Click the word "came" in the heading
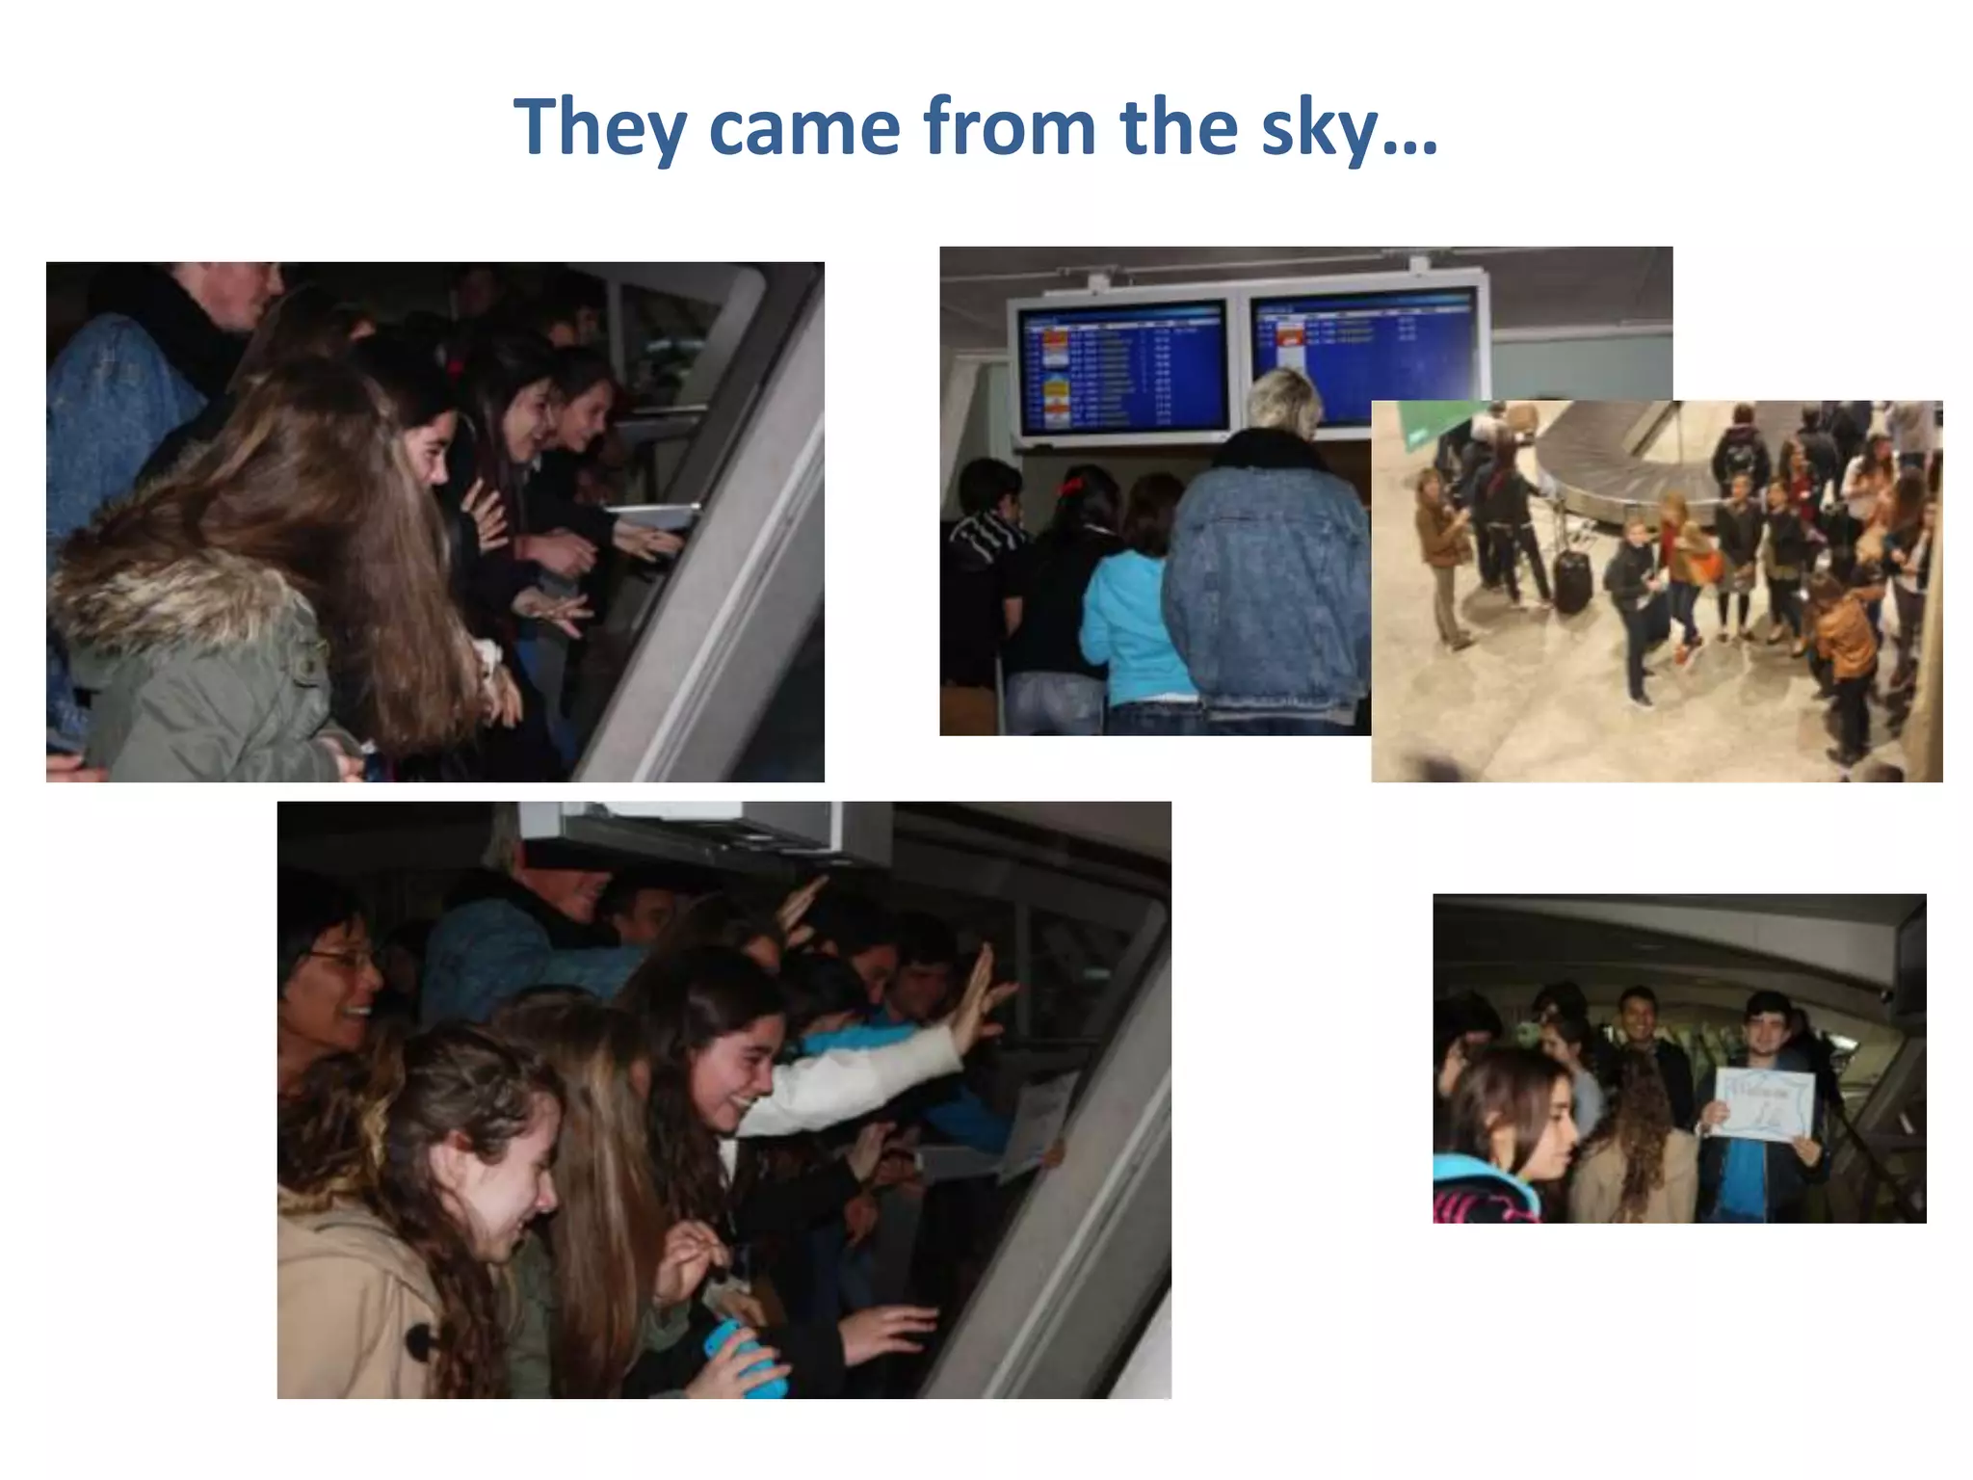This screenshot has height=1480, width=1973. [x=804, y=128]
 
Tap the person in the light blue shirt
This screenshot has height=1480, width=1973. [x=1127, y=626]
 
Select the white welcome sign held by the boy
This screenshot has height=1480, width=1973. [x=1762, y=1104]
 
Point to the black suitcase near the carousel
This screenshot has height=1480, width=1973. [x=1572, y=578]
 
